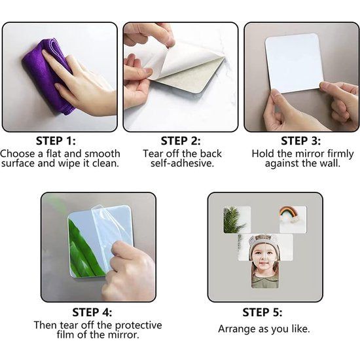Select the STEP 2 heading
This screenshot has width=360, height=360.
[181, 140]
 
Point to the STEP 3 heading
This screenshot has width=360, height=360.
[302, 140]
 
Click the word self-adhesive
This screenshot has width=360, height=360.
[182, 163]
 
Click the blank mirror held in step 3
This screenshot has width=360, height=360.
[294, 62]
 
